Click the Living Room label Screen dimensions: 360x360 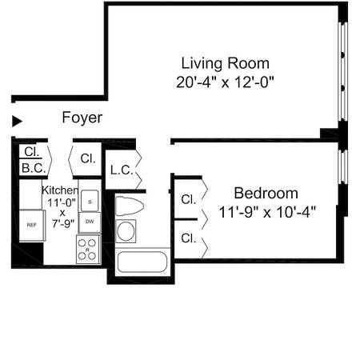coord(225,63)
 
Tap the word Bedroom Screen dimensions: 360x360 coord(266,194)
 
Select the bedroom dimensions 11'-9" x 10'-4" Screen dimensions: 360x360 coord(267,212)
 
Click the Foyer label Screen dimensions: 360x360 coord(82,118)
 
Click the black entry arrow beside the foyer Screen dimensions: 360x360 coord(17,122)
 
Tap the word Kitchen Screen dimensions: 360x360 coord(60,190)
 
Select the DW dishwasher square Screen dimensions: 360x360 coord(90,222)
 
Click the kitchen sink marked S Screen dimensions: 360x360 coord(90,200)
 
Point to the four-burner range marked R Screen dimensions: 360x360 coord(88,250)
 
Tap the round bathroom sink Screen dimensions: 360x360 coord(126,231)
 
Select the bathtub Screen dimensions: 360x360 coord(141,262)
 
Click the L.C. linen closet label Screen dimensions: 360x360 coord(121,170)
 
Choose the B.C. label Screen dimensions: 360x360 coord(32,168)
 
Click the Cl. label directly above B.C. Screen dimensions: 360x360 coord(31,151)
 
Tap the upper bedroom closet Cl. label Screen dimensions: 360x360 coord(189,198)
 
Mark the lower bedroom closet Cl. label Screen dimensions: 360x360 coord(189,238)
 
